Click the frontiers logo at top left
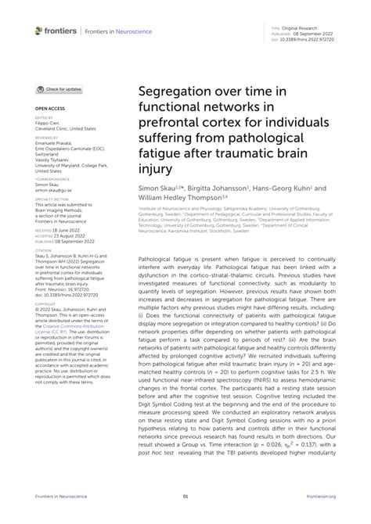[56, 31]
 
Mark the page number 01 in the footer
[185, 496]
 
